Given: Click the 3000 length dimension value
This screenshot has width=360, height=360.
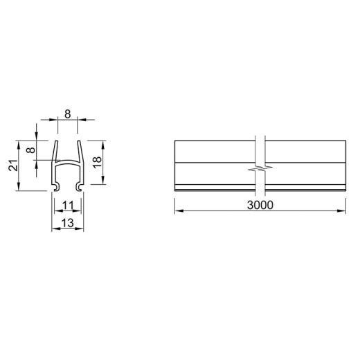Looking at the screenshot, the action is (260, 205).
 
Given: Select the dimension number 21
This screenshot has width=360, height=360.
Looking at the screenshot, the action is (13, 165).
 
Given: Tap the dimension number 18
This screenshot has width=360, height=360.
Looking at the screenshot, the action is (97, 162).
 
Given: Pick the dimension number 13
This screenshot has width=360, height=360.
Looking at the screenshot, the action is (68, 223).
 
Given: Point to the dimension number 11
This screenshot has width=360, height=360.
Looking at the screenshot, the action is (68, 205).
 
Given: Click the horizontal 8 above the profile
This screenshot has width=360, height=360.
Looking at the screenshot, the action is (68, 114).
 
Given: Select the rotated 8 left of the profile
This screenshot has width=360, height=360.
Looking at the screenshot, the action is (30, 150).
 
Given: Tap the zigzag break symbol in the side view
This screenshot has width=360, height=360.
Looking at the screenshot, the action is (260, 168).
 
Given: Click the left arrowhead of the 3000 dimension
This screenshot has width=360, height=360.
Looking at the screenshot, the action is (179, 210).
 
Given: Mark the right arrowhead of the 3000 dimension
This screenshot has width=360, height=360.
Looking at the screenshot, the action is (341, 210).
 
